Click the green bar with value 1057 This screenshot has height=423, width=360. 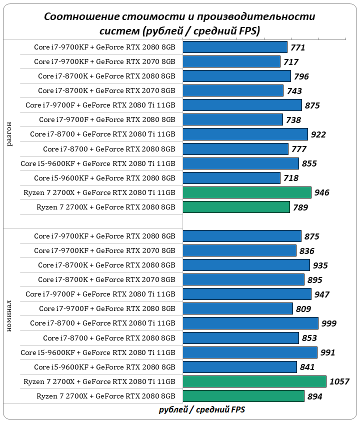(254, 382)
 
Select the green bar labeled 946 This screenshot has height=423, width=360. (247, 192)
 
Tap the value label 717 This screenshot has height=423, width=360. (291, 62)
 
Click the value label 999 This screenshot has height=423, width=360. (329, 324)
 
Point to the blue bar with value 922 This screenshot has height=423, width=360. (245, 134)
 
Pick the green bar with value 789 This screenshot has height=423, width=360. (236, 207)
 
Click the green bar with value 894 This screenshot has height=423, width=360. (243, 396)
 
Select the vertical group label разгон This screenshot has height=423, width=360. (10, 134)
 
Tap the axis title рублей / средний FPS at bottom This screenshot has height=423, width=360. (202, 410)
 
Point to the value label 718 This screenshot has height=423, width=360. (291, 178)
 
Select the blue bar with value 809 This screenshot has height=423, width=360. (237, 309)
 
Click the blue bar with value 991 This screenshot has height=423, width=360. (250, 353)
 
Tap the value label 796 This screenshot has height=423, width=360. (301, 76)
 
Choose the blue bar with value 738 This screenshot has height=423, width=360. (232, 120)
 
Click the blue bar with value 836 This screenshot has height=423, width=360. (239, 251)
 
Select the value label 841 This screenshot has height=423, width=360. (307, 367)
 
